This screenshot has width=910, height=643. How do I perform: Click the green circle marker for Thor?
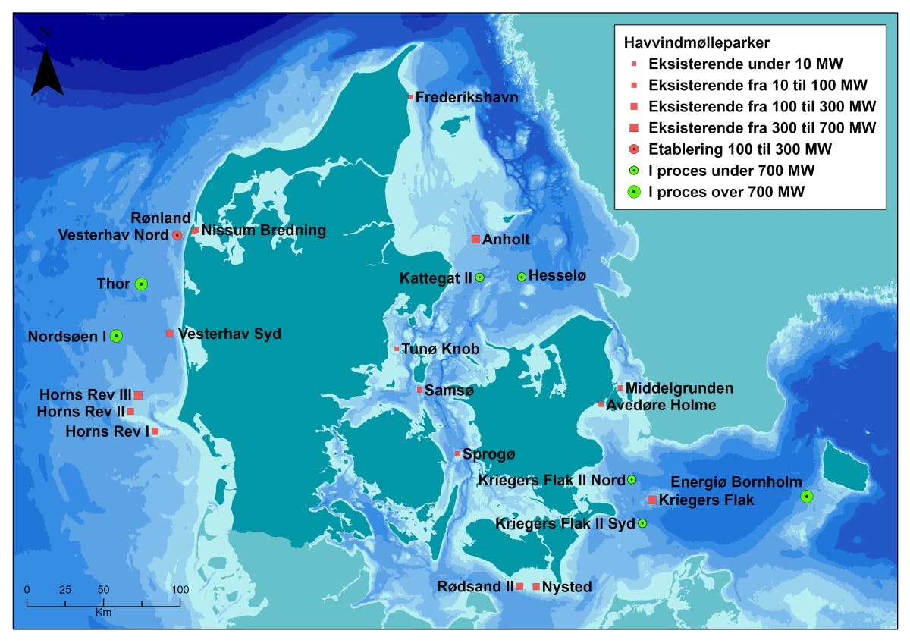141,284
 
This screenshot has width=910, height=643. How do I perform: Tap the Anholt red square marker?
475,240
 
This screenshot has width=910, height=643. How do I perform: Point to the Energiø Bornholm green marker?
807,497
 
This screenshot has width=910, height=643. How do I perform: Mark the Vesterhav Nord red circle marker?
177,236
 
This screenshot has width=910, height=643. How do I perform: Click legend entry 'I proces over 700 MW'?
726,193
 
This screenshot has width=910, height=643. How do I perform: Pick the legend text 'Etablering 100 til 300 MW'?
740,148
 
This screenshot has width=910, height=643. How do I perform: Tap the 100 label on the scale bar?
180,589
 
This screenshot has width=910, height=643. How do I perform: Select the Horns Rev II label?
80,412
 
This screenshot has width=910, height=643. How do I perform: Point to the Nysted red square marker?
536,587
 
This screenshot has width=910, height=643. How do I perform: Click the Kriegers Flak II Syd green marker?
642,523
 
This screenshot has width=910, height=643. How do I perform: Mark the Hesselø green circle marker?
522,277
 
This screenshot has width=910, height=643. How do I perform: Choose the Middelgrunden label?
679,388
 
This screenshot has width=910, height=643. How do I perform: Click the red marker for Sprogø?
457,454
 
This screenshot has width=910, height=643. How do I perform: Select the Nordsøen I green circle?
116,336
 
